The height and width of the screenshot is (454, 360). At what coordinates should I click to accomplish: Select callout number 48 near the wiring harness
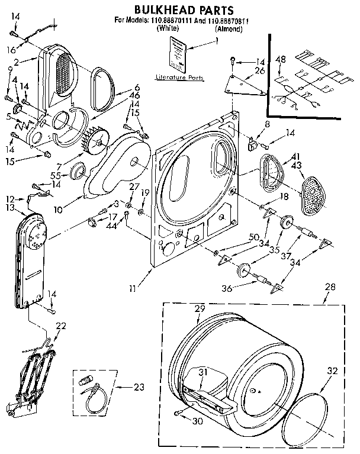281,59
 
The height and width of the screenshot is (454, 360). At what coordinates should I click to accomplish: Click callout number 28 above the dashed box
329,287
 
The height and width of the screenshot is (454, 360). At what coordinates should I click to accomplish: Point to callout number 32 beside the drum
332,371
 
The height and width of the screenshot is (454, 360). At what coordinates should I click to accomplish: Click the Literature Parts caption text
177,78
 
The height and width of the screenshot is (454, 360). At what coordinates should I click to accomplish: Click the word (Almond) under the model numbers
228,28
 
